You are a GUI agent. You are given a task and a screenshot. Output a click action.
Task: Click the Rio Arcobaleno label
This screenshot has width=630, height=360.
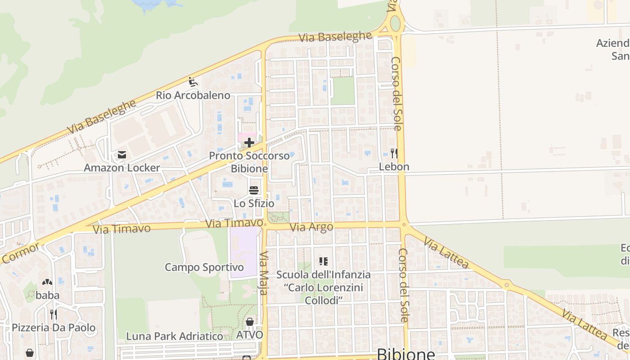coord(193,95)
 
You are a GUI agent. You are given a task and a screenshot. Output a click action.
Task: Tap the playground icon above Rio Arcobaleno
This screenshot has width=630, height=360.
coord(193,82)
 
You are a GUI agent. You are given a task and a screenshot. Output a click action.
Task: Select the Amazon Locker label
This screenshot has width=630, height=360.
coord(121,168)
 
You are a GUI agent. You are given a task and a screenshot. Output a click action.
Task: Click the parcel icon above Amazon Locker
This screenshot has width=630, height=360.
coord(121,155)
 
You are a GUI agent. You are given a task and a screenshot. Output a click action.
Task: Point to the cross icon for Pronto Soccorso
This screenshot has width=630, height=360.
coord(249,143)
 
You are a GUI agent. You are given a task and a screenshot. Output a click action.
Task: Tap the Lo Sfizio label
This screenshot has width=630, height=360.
coord(254,203)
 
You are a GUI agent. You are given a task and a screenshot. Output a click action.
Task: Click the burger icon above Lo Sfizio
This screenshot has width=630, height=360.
coord(254,190)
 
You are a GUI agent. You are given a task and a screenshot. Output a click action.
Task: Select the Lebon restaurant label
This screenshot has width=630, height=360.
coord(394,166)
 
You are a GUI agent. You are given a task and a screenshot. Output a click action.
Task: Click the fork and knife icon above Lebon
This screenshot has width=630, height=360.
coord(394,153)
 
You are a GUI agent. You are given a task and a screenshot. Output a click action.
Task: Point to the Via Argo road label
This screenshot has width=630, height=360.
coord(311,227)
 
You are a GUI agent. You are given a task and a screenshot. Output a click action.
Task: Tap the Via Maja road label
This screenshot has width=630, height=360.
coord(264,273)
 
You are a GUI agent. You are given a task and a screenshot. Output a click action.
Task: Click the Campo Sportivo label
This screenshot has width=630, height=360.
coord(204,267)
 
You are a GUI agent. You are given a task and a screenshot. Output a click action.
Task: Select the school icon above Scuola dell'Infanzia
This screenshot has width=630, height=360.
coord(323,261)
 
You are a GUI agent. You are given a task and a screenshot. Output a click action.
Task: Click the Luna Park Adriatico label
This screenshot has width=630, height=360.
coord(175,336)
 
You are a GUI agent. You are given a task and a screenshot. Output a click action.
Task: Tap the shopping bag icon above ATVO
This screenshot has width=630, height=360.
coord(250,322)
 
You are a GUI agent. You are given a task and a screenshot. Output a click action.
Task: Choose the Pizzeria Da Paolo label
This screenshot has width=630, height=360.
coord(54,327)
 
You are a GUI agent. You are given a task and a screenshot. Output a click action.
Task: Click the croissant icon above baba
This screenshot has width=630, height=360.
coord(47,283)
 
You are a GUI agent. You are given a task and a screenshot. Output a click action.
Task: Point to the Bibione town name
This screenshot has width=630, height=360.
coord(406,354)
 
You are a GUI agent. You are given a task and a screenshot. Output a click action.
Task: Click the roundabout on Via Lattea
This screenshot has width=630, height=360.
coord(507,284)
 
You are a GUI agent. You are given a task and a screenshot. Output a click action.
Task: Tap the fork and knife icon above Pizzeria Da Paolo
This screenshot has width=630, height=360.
coord(54,314)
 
